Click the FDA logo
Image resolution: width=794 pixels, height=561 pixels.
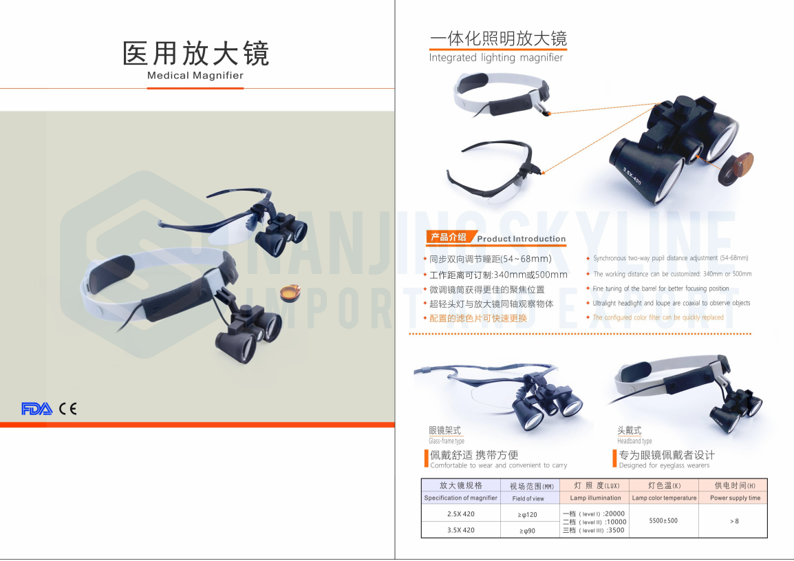click(36, 409)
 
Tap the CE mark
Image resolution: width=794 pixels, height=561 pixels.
click(67, 409)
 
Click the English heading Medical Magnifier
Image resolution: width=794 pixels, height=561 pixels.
click(195, 76)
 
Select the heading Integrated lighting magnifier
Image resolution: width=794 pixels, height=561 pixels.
click(496, 58)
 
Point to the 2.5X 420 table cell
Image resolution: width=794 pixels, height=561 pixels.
click(460, 514)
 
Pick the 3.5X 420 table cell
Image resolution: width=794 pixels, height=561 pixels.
click(460, 530)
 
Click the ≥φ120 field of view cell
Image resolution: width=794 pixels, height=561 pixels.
click(528, 514)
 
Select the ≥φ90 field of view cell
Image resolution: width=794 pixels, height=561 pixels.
click(528, 531)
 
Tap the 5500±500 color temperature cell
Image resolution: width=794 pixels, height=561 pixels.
click(663, 521)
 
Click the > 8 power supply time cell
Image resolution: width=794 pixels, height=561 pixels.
click(734, 521)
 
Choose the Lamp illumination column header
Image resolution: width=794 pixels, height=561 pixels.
click(595, 498)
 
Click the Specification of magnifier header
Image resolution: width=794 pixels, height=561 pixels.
click(460, 498)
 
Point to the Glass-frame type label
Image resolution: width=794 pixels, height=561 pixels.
click(447, 441)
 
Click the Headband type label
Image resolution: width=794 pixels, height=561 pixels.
click(634, 441)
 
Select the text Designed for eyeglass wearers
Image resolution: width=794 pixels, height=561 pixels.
click(664, 466)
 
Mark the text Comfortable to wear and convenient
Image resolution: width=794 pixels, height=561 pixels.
click(499, 466)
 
